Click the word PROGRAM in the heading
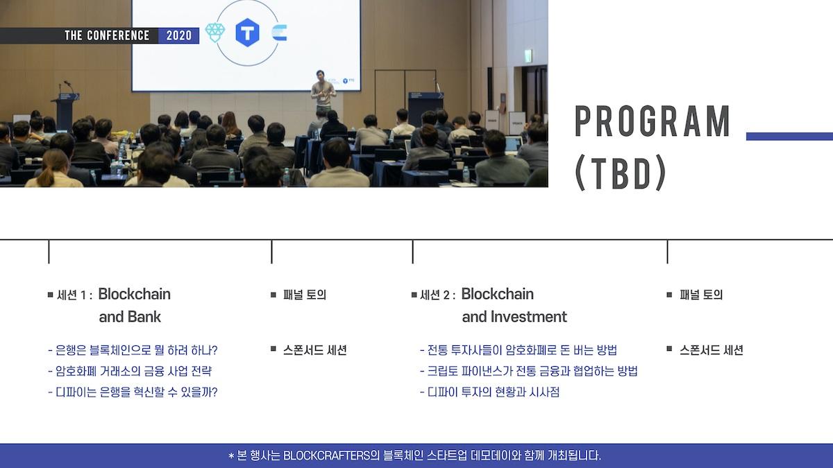pyautogui.click(x=653, y=122)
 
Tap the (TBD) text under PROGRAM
pyautogui.click(x=621, y=173)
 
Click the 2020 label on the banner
pyautogui.click(x=179, y=35)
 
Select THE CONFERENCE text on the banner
pyautogui.click(x=107, y=35)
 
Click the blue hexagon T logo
pyautogui.click(x=247, y=33)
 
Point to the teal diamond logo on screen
pyautogui.click(x=215, y=33)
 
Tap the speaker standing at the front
pyautogui.click(x=323, y=90)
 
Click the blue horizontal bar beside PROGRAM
pyautogui.click(x=789, y=137)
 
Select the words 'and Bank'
pyautogui.click(x=130, y=317)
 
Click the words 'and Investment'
pyautogui.click(x=514, y=317)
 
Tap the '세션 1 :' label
pyautogui.click(x=74, y=295)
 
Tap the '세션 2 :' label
pyautogui.click(x=438, y=295)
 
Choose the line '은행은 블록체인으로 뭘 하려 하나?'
pyautogui.click(x=136, y=350)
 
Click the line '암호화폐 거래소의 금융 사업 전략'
pyautogui.click(x=133, y=371)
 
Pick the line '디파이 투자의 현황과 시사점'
pyautogui.click(x=494, y=392)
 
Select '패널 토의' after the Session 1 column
pyautogui.click(x=305, y=295)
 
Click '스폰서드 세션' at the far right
pyautogui.click(x=712, y=350)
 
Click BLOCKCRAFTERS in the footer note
pyautogui.click(x=326, y=456)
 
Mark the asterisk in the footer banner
pyautogui.click(x=231, y=456)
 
